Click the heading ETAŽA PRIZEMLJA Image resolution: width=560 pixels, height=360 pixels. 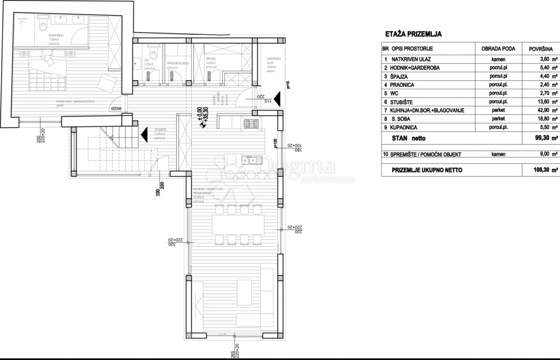point(413,34)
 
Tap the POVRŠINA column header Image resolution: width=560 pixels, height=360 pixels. point(541,49)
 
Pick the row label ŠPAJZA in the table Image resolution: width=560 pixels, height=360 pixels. point(396,76)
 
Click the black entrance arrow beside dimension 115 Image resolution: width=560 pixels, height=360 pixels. point(277,99)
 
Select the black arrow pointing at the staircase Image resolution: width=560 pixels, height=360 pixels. point(145,134)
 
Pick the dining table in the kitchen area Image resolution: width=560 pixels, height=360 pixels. point(238,225)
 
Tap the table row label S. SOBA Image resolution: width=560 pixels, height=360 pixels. point(394,119)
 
